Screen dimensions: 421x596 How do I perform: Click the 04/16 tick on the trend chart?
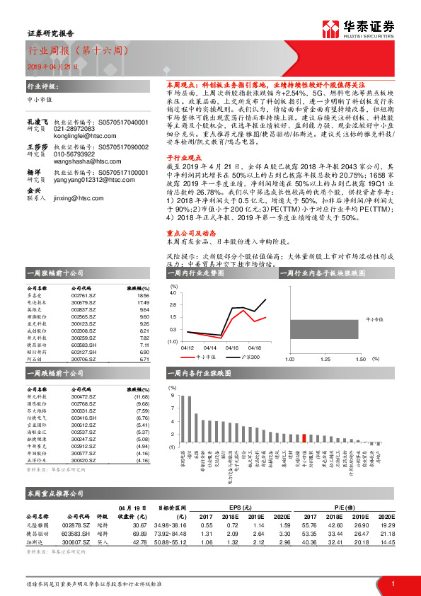pos(231,348)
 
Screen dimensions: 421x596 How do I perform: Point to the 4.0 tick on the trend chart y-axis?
pos(173,292)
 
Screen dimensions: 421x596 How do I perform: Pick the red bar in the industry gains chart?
pos(304,438)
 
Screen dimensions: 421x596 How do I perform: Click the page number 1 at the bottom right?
pos(392,583)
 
